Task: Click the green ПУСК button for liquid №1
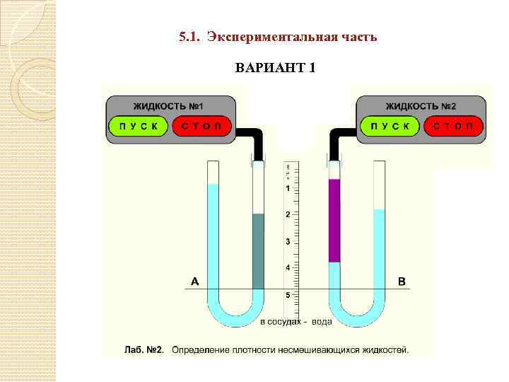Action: pos(138,126)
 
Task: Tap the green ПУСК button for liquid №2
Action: pos(390,126)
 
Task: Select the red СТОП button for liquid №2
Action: pos(452,126)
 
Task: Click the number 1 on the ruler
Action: pos(287,189)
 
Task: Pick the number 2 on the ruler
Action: pos(287,214)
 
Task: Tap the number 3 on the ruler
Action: pos(287,241)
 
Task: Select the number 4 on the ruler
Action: pos(287,267)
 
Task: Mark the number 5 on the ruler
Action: pos(287,294)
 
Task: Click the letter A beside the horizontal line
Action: pos(195,282)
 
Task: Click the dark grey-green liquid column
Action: pos(258,251)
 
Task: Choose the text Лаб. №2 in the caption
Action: pos(144,349)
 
